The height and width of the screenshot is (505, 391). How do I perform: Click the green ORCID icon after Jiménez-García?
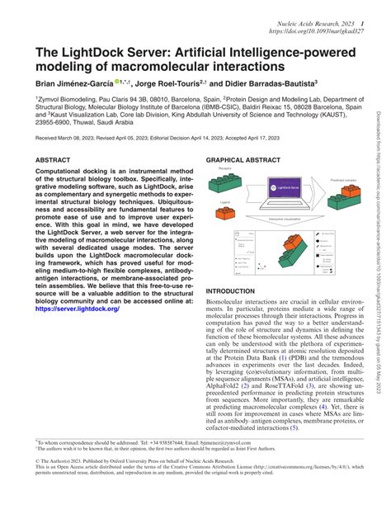[x=120, y=81]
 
